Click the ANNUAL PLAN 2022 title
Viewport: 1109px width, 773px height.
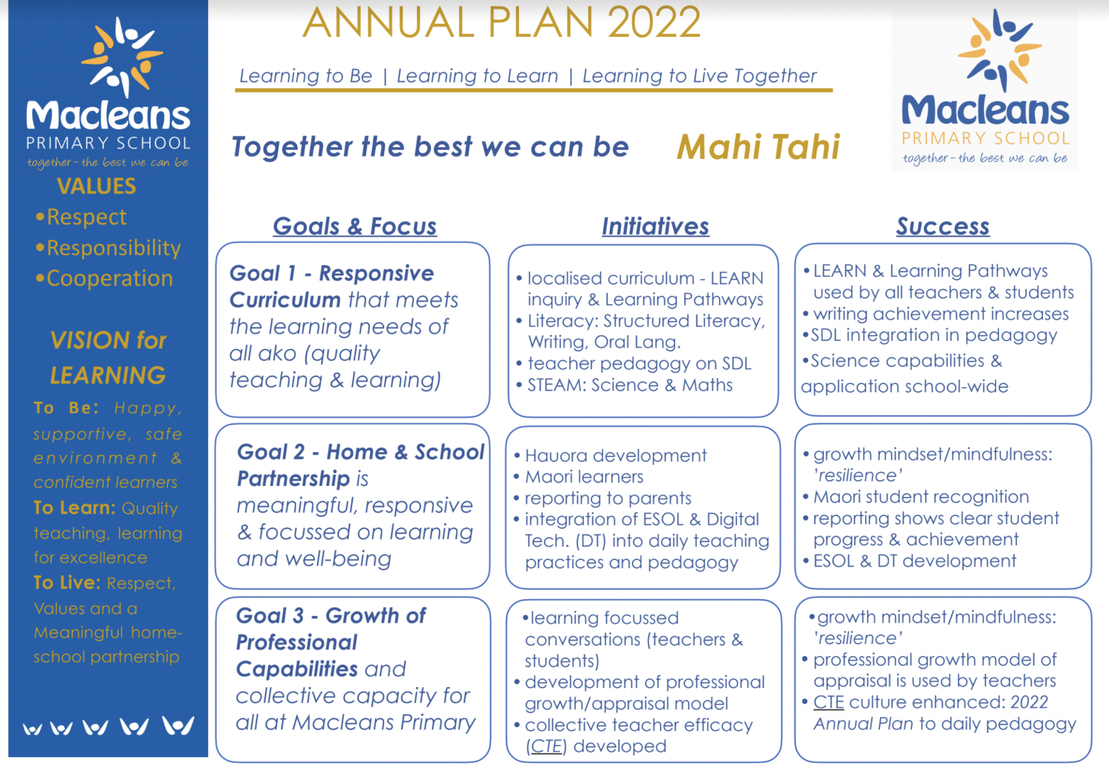[x=502, y=22]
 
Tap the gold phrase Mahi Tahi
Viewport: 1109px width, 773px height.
[x=758, y=147]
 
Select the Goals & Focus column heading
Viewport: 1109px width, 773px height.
[x=355, y=226]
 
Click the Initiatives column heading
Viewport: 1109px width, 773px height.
[x=655, y=226]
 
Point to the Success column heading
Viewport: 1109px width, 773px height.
[x=942, y=226]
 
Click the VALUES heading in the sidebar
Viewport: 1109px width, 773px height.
[x=96, y=186]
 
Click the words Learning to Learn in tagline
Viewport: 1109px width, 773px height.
[x=477, y=76]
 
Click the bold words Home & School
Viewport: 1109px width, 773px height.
[x=405, y=452]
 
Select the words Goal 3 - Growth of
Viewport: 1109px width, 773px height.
[x=331, y=615]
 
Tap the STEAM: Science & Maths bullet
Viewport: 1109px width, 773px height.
[x=629, y=385]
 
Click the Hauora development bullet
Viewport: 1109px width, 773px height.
[x=615, y=455]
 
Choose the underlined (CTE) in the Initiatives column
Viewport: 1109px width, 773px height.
[x=546, y=746]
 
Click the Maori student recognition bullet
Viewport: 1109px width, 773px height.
[x=921, y=497]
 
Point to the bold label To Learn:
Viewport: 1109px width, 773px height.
[x=74, y=508]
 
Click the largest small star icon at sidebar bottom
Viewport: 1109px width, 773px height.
[x=178, y=726]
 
